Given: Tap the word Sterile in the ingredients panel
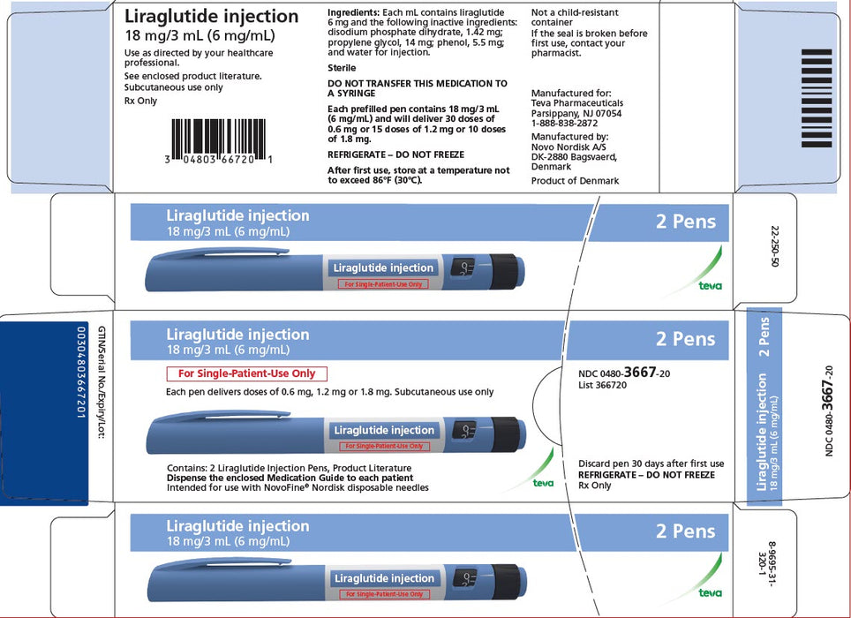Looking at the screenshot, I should pyautogui.click(x=342, y=67).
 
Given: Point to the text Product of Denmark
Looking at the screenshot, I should pyautogui.click(x=575, y=180).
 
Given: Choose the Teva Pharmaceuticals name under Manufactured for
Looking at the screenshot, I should pyautogui.click(x=576, y=102).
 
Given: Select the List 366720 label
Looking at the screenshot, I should pyautogui.click(x=602, y=385).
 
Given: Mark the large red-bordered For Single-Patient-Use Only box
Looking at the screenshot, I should pyautogui.click(x=247, y=373).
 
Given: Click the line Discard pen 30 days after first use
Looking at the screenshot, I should pyautogui.click(x=651, y=463).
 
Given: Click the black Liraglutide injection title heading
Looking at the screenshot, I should pyautogui.click(x=211, y=16).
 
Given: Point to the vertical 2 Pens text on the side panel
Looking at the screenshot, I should pyautogui.click(x=764, y=336).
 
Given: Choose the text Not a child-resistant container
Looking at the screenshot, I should pyautogui.click(x=574, y=18).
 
